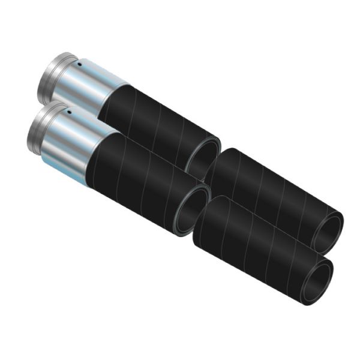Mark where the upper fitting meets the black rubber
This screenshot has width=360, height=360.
tap(114, 99)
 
